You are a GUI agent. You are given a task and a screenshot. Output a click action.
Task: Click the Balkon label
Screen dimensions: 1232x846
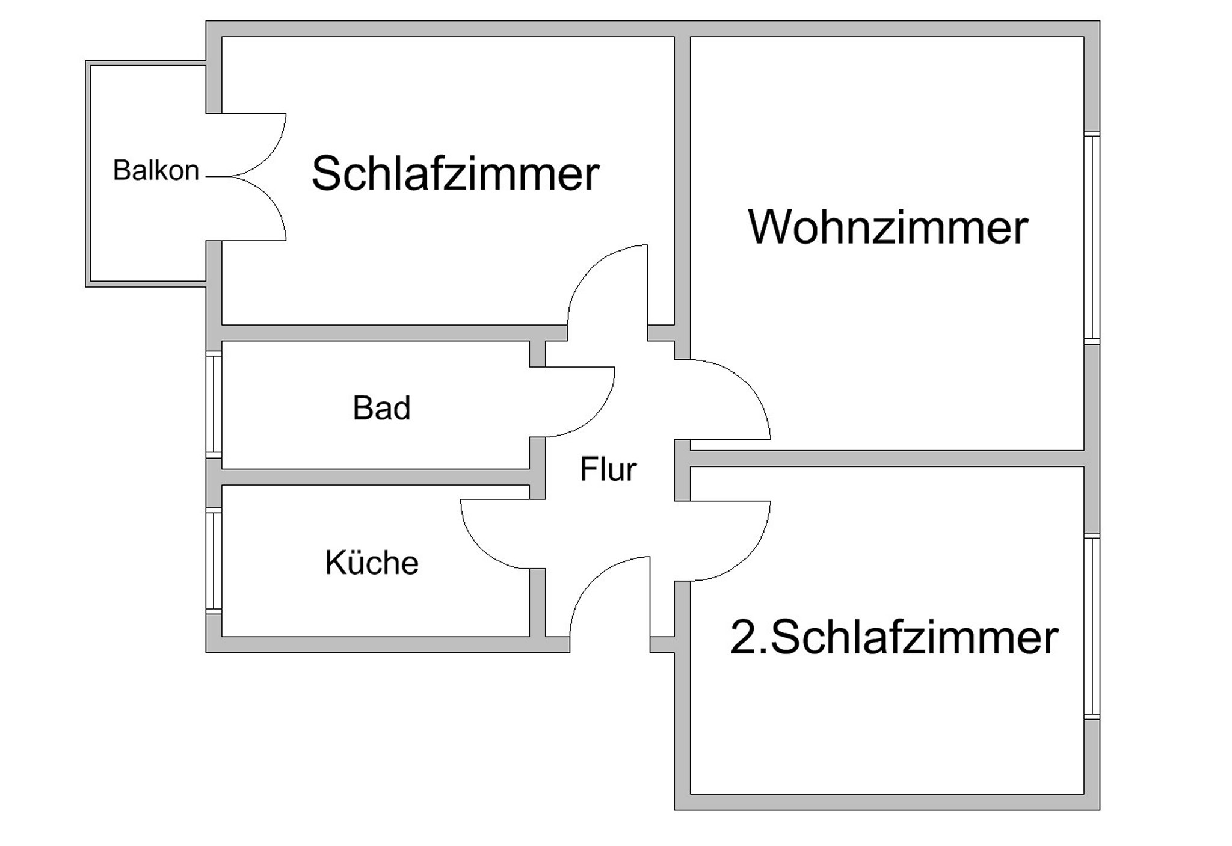pos(156,170)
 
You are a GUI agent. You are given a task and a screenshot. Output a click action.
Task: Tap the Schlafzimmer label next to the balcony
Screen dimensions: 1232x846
pos(455,173)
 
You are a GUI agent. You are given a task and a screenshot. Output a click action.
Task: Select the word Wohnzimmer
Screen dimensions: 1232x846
pos(888,227)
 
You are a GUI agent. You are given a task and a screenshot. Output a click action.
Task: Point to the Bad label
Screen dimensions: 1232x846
pos(381,407)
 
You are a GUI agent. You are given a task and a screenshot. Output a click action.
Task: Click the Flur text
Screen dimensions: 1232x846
pos(608,469)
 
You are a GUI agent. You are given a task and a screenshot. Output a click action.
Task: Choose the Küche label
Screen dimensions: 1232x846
pos(372,563)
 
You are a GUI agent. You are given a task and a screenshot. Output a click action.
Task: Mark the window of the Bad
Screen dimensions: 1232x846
pos(214,404)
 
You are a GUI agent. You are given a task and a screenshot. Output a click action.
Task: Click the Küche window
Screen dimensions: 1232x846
pos(214,561)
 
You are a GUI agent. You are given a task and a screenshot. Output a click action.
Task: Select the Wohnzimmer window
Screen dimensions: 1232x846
pos(1092,238)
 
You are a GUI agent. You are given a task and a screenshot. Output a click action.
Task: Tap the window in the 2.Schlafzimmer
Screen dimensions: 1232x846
pos(1092,626)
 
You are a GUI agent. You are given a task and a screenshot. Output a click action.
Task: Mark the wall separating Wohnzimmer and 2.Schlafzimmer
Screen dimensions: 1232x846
pos(887,459)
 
